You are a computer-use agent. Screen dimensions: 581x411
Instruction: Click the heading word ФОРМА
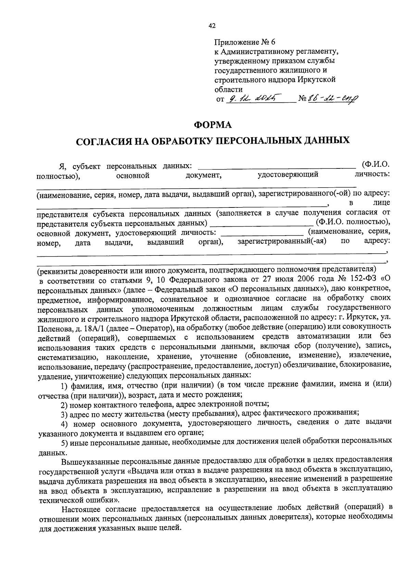[x=213, y=125]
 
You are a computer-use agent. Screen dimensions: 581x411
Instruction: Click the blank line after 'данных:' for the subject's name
[x=277, y=167]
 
